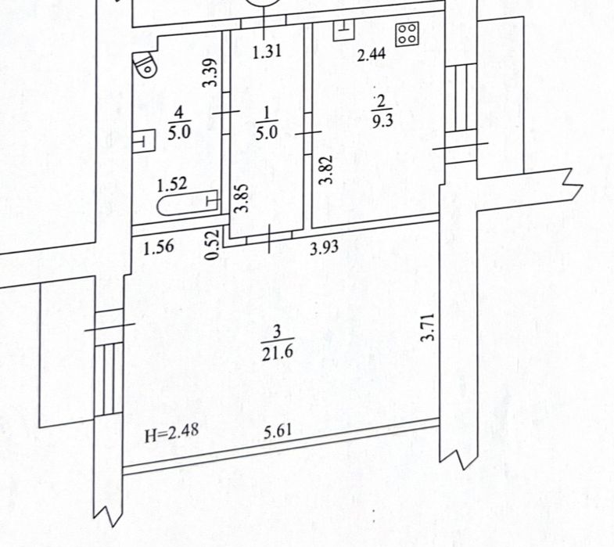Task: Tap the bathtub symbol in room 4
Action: pyautogui.click(x=188, y=206)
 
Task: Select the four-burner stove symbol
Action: pyautogui.click(x=407, y=34)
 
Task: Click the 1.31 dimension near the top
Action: pyautogui.click(x=266, y=55)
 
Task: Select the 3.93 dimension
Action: pyautogui.click(x=324, y=250)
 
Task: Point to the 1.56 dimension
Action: pyautogui.click(x=157, y=247)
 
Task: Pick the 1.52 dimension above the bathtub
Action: pyautogui.click(x=171, y=185)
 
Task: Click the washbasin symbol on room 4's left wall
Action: pyautogui.click(x=142, y=141)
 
